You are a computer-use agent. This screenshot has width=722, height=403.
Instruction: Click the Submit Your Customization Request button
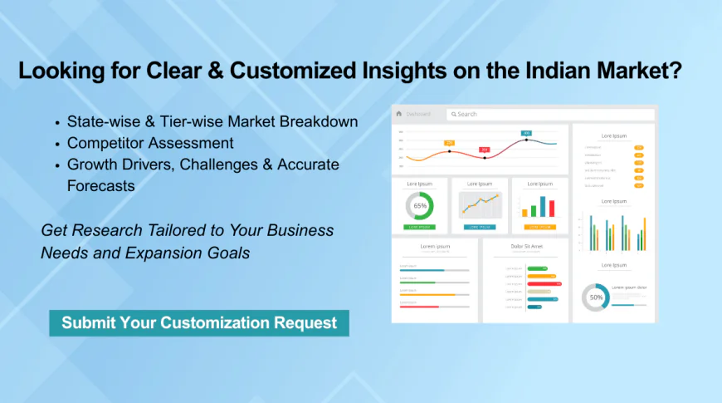[199, 322]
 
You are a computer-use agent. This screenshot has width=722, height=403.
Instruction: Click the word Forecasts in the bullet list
[100, 185]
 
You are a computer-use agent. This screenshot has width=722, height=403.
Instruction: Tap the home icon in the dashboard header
[399, 114]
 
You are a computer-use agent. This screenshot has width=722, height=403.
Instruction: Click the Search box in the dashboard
[506, 114]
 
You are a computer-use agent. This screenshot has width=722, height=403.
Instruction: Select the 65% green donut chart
[419, 205]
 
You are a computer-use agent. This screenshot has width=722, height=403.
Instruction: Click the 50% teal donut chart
[595, 297]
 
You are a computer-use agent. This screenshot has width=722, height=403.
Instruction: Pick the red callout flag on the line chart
[485, 150]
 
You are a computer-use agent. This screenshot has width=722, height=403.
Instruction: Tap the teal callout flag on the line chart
[526, 133]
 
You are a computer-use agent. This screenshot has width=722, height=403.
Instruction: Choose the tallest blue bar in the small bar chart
[543, 205]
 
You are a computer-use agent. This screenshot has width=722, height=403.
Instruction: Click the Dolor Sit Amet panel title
[525, 247]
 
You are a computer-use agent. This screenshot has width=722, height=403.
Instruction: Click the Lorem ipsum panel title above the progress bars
[434, 247]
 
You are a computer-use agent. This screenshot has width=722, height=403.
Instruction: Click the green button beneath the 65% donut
[419, 227]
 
